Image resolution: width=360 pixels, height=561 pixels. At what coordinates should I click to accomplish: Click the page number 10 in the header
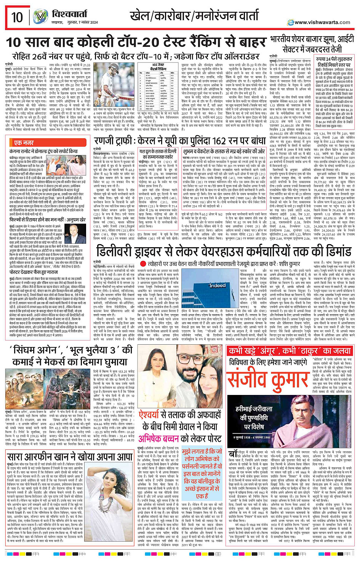[17, 17]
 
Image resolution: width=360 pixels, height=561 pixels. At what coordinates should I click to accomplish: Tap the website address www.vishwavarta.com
[322, 22]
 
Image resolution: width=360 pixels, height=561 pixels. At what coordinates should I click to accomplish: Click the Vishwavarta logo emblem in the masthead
[40, 17]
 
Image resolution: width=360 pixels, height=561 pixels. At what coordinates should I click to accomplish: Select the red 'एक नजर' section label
[23, 143]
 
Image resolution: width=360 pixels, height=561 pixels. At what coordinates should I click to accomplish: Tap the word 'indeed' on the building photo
[217, 285]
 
